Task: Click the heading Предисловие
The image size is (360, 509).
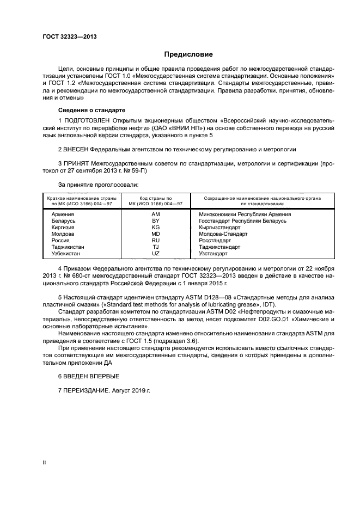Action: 188,54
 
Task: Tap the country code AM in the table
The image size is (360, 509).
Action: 155,214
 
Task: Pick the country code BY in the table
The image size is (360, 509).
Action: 155,221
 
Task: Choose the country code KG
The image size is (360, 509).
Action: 155,228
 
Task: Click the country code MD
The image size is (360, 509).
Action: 155,234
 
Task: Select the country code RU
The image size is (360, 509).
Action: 155,241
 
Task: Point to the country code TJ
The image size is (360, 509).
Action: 155,247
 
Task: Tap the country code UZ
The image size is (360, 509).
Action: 155,254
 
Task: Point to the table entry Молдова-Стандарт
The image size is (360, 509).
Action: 223,234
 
